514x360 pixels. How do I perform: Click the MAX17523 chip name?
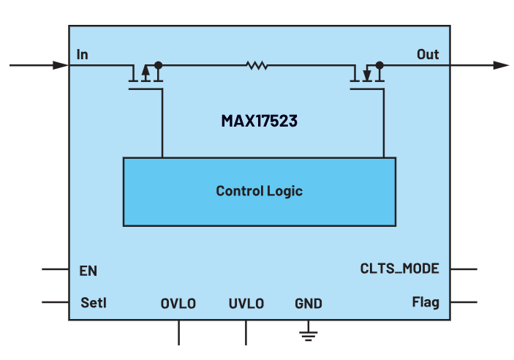coord(259,121)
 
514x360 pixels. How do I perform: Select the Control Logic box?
coord(259,191)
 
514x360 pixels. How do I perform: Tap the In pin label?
coord(83,54)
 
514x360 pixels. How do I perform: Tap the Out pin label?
coord(428,54)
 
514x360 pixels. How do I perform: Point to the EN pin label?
coord(88,271)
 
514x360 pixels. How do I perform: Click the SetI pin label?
coord(93,302)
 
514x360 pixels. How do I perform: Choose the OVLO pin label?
coord(178,303)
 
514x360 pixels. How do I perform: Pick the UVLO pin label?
coord(246,303)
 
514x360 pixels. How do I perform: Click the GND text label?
coord(308,303)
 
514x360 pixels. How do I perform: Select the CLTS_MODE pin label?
coord(399,269)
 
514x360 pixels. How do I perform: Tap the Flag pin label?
coord(426,302)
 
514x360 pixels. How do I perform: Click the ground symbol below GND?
coord(308,334)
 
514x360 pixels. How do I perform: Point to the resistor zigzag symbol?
coord(257,66)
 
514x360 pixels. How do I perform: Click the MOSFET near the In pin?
coord(145,76)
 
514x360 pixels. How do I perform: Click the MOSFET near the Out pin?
coord(366,76)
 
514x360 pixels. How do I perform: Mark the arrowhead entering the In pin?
coord(61,65)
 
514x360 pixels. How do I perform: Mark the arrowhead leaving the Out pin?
coord(501,65)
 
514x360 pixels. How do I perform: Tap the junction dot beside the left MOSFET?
coord(158,65)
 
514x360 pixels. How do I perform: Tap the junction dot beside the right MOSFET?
coord(379,65)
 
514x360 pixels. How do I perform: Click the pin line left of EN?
coord(55,269)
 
